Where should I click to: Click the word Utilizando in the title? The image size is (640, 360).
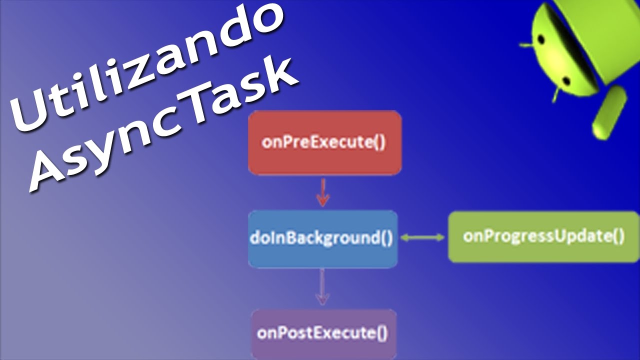150,65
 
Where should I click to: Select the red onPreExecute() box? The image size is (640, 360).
324,142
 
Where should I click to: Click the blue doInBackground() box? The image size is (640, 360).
322,238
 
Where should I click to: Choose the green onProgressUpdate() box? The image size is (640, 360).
543,236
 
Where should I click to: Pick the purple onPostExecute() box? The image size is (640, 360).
323,333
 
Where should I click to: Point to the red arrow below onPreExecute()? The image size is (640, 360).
323,193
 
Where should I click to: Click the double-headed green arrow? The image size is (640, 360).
422,238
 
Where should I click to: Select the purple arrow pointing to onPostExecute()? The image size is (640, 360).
322,287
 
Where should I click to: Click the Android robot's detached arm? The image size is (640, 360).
609,112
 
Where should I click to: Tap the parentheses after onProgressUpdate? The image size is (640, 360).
618,236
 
